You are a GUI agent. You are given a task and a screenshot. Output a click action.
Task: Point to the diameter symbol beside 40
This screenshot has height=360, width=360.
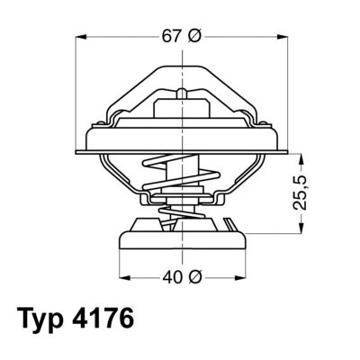[x=194, y=276]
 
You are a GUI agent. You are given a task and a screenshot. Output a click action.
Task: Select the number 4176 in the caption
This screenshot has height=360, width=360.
[x=110, y=321]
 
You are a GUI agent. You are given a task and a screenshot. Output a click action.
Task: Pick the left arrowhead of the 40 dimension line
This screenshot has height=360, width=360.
[x=124, y=275]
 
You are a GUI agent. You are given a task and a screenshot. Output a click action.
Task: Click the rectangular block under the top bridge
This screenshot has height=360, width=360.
[x=182, y=112]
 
